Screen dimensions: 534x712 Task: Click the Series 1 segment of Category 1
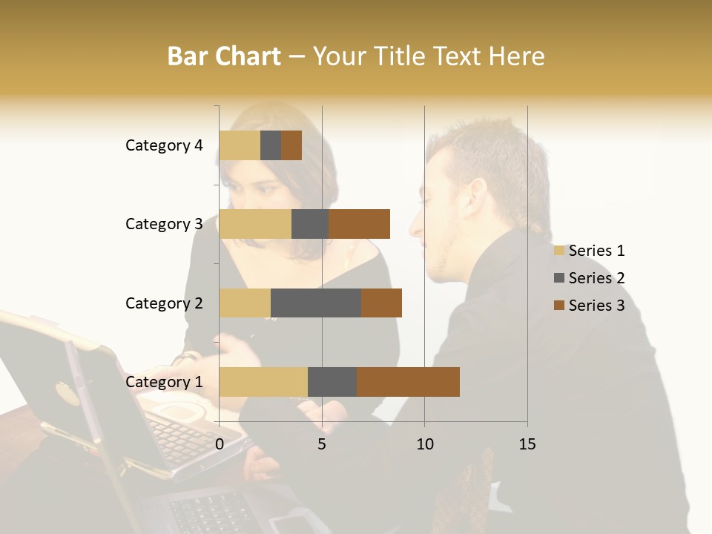263,382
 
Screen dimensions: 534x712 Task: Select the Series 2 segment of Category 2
316,303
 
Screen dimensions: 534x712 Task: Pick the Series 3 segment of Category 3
359,224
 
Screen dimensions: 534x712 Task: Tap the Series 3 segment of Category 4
291,145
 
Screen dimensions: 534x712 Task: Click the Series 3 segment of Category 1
408,382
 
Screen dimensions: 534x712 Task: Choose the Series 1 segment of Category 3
255,224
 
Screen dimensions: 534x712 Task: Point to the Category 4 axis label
164,145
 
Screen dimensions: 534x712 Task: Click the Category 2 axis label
164,303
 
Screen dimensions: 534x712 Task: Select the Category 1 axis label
164,382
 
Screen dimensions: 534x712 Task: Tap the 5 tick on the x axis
322,444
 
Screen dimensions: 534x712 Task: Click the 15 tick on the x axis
527,444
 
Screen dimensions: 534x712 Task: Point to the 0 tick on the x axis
220,444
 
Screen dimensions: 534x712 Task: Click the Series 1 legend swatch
558,251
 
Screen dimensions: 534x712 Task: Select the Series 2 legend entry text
596,278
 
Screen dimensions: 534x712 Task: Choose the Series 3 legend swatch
558,306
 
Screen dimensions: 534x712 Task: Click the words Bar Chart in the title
224,56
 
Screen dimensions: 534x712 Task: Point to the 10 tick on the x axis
424,444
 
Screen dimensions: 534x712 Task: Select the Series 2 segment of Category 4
271,145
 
